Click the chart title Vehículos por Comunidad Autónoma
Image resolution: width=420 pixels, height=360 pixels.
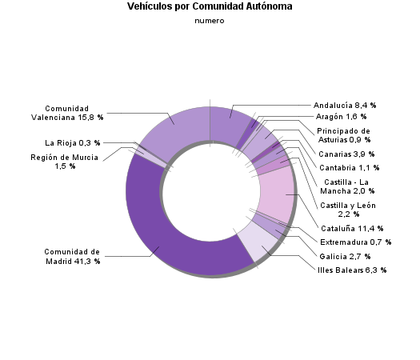[210, 6]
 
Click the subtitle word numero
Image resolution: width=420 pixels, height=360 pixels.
[210, 21]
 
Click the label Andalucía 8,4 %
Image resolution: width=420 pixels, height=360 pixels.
[345, 105]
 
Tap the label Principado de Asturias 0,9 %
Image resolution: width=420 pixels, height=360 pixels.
[343, 135]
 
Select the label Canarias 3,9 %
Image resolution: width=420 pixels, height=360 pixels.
[344, 154]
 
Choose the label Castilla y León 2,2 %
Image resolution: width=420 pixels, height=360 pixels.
[346, 210]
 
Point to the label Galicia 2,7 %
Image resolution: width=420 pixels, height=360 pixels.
[344, 257]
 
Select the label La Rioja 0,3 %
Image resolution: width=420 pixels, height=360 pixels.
[72, 143]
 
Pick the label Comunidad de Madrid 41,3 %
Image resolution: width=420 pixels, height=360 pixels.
[72, 257]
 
